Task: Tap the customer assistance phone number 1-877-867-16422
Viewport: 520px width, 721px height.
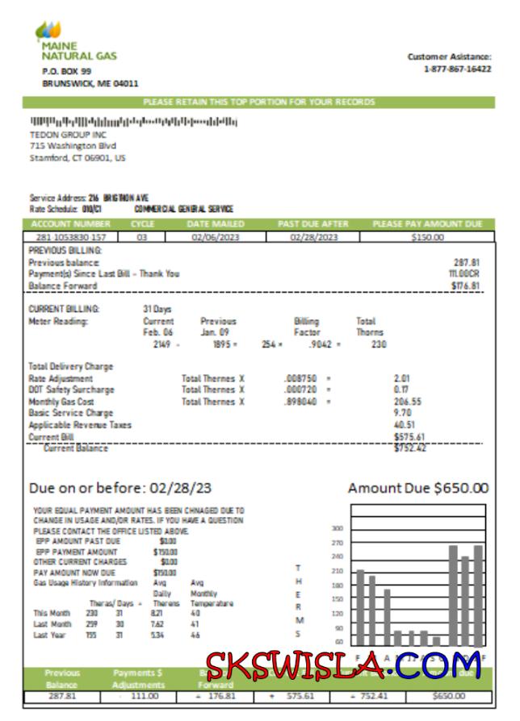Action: tap(457, 69)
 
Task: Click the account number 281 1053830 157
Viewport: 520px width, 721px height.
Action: tap(70, 237)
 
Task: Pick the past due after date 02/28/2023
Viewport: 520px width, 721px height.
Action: tap(313, 237)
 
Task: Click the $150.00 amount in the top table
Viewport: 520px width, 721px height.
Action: tap(427, 237)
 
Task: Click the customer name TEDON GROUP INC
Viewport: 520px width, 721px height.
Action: tap(68, 135)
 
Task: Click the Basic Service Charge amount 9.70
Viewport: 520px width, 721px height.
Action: tap(401, 413)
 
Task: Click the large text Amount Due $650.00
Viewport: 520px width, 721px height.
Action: tap(417, 488)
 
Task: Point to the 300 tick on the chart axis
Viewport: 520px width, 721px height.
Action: tap(338, 528)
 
